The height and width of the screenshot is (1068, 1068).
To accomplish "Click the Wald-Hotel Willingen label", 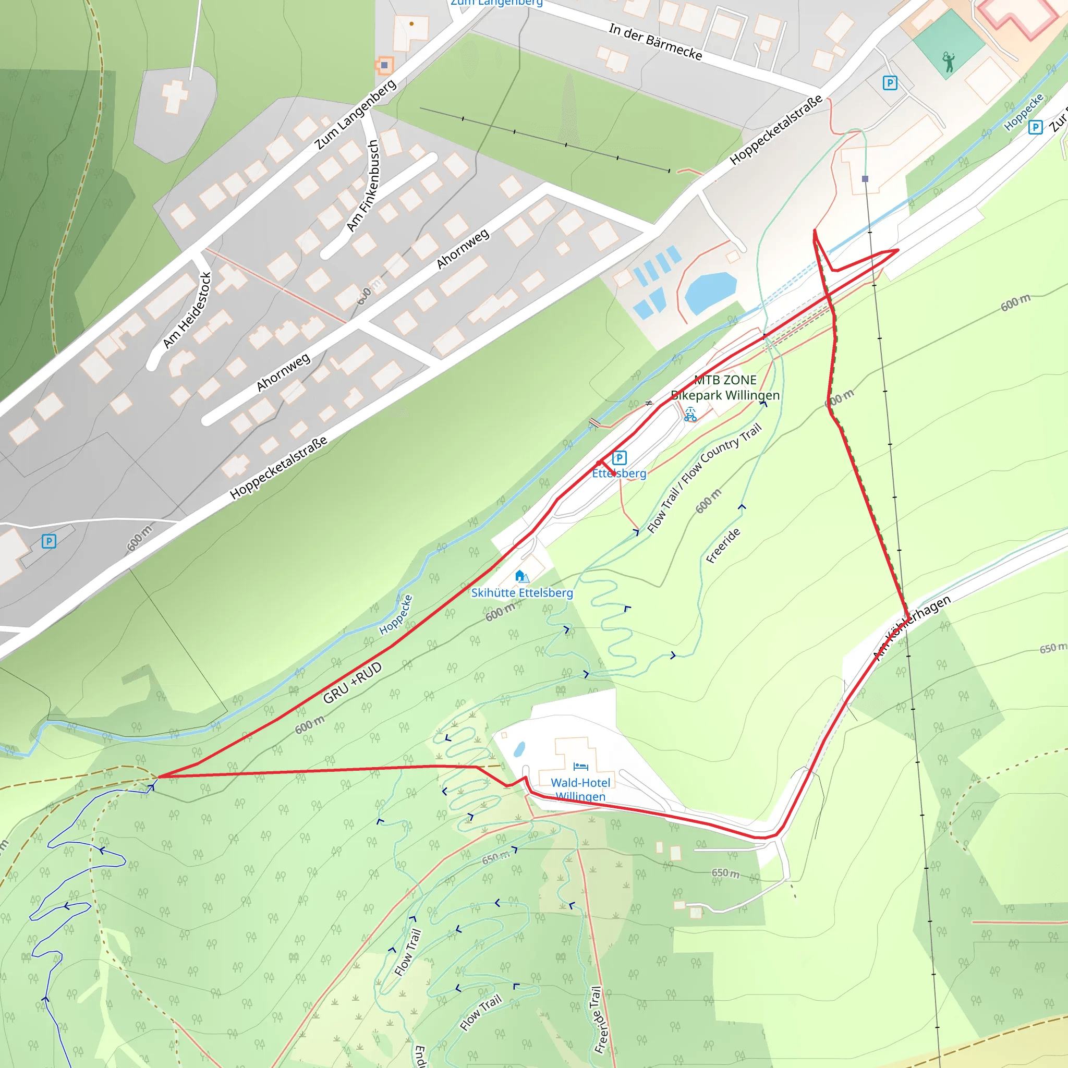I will (580, 790).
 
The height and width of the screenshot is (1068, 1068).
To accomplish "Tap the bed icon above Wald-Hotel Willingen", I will (580, 767).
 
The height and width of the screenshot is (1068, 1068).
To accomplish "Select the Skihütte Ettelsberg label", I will (522, 592).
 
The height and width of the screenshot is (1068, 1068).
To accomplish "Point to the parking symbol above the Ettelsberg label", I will (619, 458).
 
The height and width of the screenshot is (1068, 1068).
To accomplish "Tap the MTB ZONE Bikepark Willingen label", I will (725, 387).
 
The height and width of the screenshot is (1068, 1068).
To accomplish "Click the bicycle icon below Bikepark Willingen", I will (690, 415).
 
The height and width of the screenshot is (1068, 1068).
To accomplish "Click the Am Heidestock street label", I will (187, 310).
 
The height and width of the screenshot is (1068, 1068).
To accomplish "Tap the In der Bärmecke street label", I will (656, 42).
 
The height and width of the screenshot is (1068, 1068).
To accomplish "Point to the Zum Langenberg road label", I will (356, 114).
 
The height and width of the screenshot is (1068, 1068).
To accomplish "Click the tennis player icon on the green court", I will (949, 62).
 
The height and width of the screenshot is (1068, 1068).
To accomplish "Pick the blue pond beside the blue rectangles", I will (710, 292).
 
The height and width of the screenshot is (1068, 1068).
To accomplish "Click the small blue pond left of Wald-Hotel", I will (519, 749).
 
